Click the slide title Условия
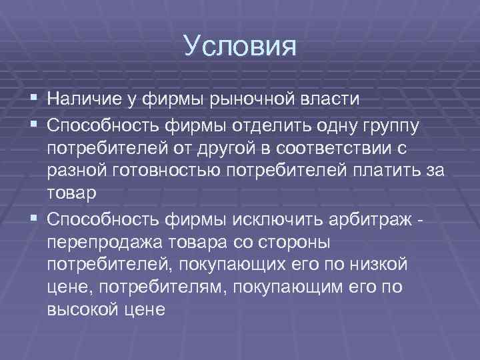point(239,47)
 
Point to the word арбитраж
point(367,218)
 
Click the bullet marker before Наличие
point(34,99)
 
